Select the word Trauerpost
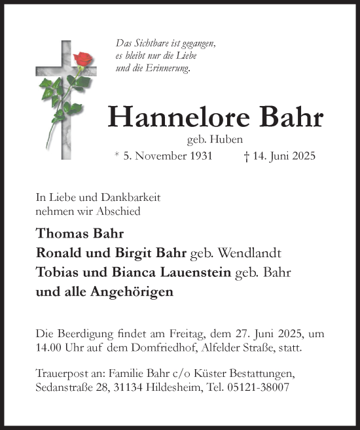pyautogui.click(x=61, y=374)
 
